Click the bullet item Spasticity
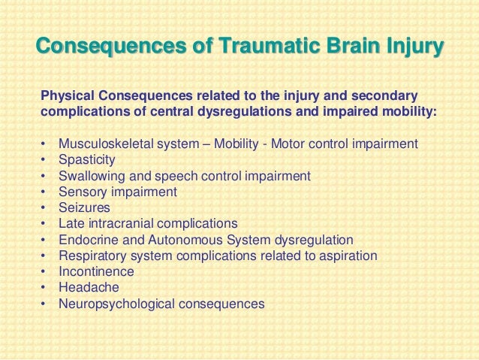click(x=86, y=160)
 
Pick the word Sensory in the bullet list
click(x=80, y=192)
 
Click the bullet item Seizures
click(x=84, y=207)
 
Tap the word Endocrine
click(x=85, y=240)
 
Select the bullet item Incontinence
click(x=95, y=271)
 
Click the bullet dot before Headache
click(x=44, y=288)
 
